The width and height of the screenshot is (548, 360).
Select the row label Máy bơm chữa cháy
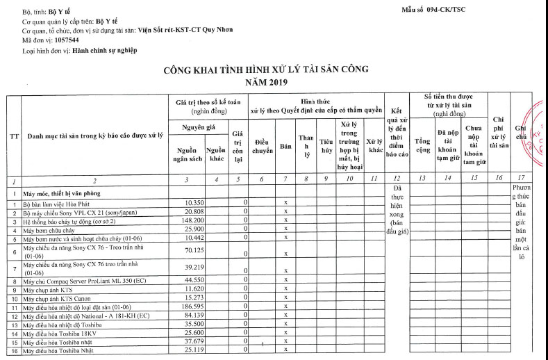click(x=49, y=229)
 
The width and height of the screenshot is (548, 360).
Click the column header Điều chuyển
click(x=262, y=145)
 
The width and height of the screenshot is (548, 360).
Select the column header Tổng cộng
click(x=423, y=145)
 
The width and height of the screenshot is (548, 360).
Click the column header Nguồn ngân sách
click(x=188, y=154)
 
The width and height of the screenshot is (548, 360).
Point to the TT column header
click(x=14, y=136)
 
